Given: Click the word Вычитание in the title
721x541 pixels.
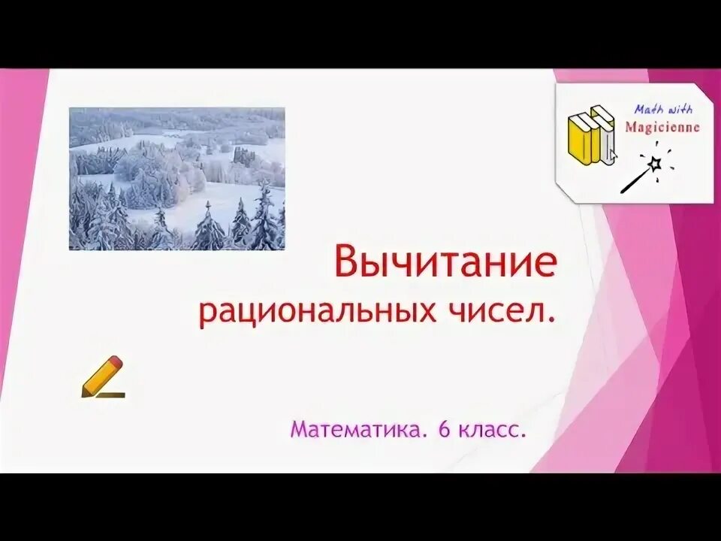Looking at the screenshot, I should click(x=445, y=264).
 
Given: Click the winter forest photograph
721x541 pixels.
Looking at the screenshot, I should click(x=176, y=178).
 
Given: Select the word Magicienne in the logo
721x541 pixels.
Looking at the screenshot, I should click(x=662, y=127).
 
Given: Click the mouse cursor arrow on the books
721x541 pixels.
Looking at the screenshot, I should click(x=612, y=156).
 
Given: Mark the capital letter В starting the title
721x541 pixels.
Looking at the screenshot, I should click(x=346, y=264).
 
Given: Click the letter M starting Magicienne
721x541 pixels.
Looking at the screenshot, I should click(x=630, y=127).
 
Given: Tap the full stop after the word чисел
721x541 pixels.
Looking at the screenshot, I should click(x=554, y=321).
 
